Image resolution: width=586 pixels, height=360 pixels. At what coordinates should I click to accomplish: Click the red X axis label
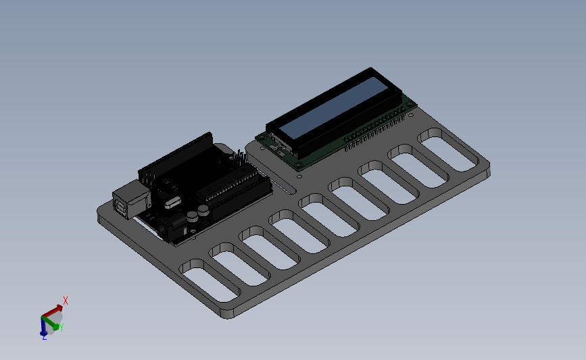click(66, 301)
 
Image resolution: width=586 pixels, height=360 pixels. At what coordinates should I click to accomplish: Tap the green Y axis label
click(62, 328)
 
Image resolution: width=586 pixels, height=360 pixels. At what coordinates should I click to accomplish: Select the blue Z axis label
click(44, 337)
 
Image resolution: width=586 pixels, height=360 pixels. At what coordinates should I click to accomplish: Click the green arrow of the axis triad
click(51, 323)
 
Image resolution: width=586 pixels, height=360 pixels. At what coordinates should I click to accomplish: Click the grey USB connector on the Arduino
click(132, 199)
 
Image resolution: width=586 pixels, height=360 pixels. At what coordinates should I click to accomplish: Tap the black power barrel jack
click(172, 227)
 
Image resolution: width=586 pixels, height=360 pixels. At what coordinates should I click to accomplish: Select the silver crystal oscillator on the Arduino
click(172, 203)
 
